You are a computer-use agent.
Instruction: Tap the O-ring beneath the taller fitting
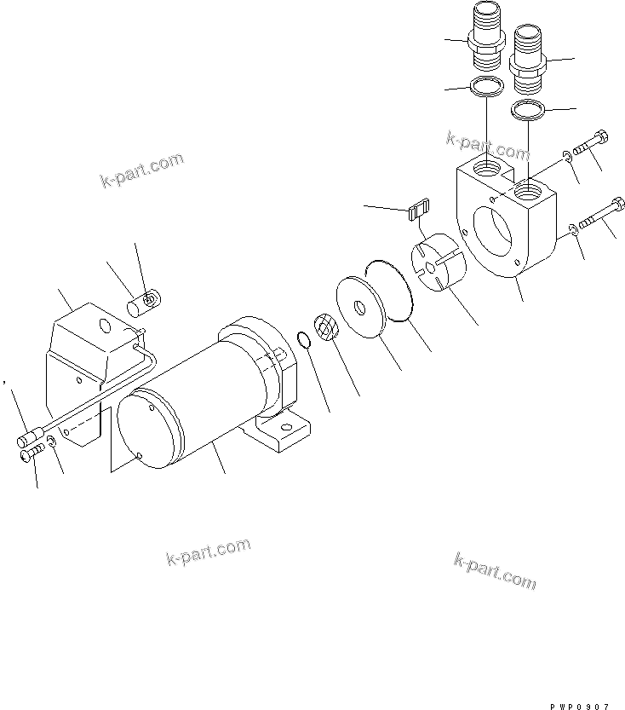pyautogui.click(x=486, y=87)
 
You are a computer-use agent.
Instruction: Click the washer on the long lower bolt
pyautogui.click(x=573, y=227)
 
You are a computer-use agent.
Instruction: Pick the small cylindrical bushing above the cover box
pyautogui.click(x=143, y=302)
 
